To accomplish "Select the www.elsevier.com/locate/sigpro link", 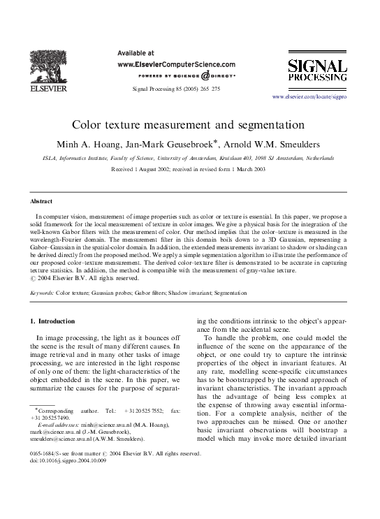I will tap(309, 96).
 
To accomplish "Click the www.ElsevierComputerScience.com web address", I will tap(176, 63).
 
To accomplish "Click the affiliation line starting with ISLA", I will tap(188, 159).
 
